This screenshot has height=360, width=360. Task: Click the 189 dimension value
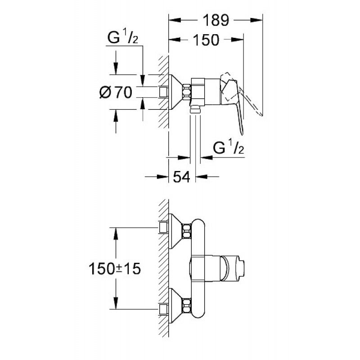(x=216, y=20)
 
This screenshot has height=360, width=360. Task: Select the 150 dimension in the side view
(x=206, y=40)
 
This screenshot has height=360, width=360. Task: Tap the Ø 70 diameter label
(x=116, y=92)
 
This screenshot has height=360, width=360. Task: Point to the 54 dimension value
(x=182, y=177)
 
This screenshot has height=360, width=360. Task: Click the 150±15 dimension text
(x=115, y=269)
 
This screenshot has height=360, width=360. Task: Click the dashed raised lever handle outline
(x=241, y=93)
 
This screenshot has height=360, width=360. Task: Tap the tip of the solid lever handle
(x=242, y=134)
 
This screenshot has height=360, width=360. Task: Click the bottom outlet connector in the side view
(x=195, y=110)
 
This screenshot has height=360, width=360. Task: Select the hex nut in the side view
(x=187, y=92)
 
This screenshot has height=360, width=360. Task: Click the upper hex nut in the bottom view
(x=187, y=231)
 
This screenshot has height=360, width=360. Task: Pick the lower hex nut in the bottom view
(x=187, y=306)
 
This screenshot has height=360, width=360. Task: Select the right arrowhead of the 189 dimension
(x=256, y=20)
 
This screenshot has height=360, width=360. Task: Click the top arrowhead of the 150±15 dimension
(x=116, y=234)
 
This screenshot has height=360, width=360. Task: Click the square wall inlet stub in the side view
(x=163, y=92)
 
